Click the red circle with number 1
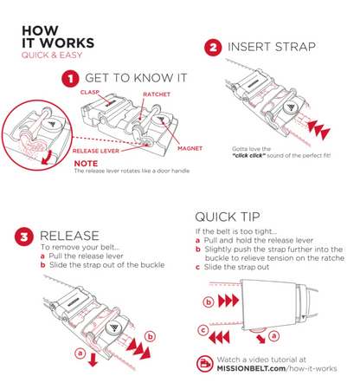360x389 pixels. (x=70, y=79)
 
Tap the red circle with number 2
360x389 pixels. (x=213, y=48)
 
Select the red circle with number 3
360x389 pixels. (x=24, y=237)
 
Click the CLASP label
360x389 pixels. (x=90, y=93)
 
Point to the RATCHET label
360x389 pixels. (x=157, y=94)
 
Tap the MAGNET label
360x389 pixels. (x=190, y=148)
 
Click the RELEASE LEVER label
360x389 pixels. (x=96, y=151)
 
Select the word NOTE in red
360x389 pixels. (x=86, y=164)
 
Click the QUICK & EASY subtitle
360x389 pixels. (x=52, y=55)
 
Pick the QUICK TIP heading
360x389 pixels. (x=228, y=217)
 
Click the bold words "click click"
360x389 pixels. (x=248, y=156)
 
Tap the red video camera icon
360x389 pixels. (x=205, y=364)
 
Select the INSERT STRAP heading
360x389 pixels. (x=272, y=47)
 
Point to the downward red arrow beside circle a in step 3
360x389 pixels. (x=93, y=359)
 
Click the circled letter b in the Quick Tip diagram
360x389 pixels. (x=209, y=302)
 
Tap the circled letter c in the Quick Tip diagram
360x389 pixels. (x=203, y=330)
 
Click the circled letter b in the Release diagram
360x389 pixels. (x=151, y=336)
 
